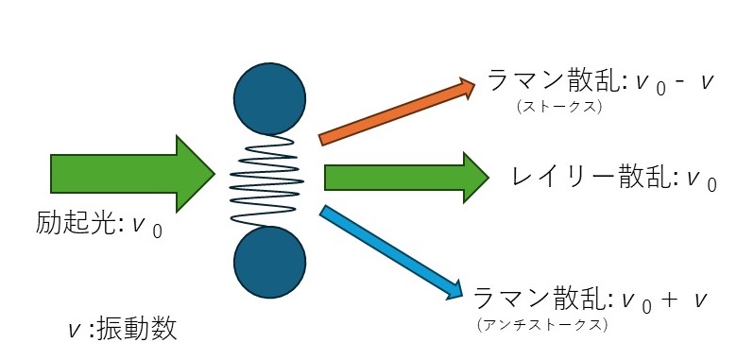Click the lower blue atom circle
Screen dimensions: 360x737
point(269,262)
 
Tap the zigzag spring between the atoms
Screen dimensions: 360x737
point(268,179)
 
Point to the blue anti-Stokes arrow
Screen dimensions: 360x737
point(387,249)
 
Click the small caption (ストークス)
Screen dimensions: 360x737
point(560,107)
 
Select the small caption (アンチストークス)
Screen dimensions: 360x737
point(543,324)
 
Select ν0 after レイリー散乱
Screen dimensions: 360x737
point(698,178)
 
